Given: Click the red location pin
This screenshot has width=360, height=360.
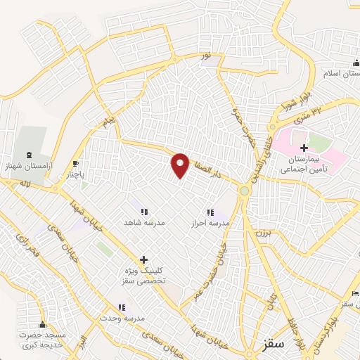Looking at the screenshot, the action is click(x=181, y=165).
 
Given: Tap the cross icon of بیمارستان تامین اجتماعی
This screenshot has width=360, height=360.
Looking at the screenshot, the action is click(x=304, y=148).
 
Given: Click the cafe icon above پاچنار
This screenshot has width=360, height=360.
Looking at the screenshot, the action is click(x=75, y=164).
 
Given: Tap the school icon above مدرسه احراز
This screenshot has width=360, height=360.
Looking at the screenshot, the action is click(x=209, y=212).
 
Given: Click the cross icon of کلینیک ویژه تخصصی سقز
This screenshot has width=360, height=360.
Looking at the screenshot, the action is click(x=143, y=259).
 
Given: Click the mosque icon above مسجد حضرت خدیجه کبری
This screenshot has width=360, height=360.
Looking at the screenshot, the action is click(x=42, y=325).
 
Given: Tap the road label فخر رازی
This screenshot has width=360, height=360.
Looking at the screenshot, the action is click(x=28, y=246).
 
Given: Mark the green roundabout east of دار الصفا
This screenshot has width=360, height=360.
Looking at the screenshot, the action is click(x=244, y=191).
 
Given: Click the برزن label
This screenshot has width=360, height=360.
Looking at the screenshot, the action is click(x=262, y=231).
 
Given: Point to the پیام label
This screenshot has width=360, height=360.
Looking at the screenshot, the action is click(x=108, y=122).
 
